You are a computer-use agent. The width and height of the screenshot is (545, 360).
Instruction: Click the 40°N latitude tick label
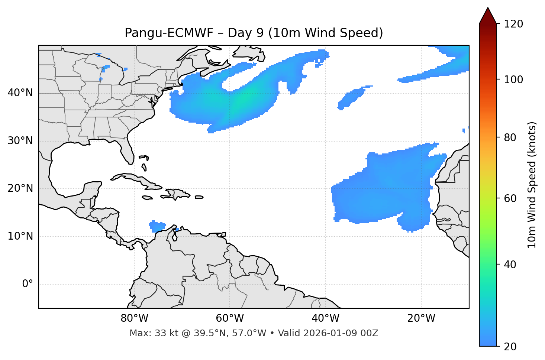point(20,93)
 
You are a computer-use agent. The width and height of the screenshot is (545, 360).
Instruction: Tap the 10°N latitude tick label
point(20,236)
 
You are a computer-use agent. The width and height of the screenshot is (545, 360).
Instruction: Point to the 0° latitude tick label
point(28,284)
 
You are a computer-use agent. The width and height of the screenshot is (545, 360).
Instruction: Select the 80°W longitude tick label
point(134,318)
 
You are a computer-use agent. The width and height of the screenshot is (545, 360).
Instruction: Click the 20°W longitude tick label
point(421,318)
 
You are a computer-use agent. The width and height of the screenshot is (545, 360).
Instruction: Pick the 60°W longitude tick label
point(230,318)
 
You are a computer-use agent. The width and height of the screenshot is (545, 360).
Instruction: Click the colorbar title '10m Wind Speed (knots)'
point(532,185)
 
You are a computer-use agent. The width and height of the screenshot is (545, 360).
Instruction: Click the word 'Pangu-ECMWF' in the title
point(169,33)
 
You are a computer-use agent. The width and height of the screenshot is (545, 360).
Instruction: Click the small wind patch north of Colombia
point(157,226)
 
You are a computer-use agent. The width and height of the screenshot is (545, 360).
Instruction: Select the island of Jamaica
point(147,198)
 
